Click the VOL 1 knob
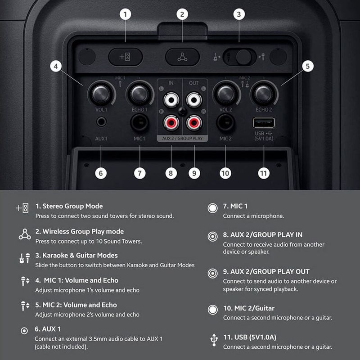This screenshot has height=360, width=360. [101, 94]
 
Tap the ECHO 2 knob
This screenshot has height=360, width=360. [264, 94]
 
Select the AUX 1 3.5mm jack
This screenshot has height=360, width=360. [101, 121]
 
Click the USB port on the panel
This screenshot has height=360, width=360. [264, 122]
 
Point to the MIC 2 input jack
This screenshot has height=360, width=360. [225, 122]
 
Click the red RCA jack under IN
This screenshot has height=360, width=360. [171, 122]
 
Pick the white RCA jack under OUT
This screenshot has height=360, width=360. [194, 100]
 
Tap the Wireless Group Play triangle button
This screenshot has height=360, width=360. [182, 57]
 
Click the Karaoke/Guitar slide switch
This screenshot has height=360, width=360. [239, 57]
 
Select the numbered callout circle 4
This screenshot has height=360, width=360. [56, 66]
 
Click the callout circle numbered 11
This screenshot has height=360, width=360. [264, 173]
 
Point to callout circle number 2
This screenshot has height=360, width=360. [182, 14]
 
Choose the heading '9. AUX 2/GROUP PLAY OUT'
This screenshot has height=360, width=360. [266, 271]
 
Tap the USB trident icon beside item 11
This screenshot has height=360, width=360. [214, 340]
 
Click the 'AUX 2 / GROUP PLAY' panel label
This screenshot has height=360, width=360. [182, 139]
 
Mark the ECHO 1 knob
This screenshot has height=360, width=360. [139, 94]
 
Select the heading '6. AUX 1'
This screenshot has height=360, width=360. [48, 329]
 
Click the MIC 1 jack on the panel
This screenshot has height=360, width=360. [139, 122]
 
